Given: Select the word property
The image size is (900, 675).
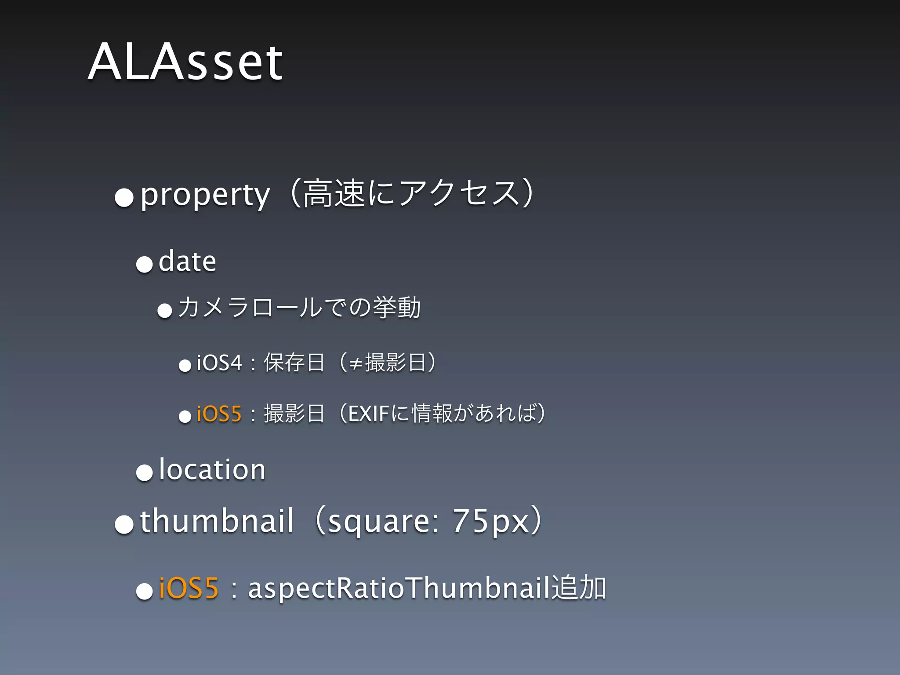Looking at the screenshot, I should click(x=205, y=195).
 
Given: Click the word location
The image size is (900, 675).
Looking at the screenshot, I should click(x=212, y=469).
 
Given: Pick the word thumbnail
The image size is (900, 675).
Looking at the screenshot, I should click(x=217, y=521).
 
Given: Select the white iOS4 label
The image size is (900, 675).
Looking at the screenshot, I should click(x=219, y=363).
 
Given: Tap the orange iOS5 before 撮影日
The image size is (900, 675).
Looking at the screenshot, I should click(x=219, y=414).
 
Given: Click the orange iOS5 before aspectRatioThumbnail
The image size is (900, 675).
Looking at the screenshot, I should click(x=189, y=588).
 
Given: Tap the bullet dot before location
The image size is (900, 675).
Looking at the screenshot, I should click(x=144, y=472).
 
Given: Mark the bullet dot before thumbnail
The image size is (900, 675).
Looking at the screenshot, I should click(x=124, y=524).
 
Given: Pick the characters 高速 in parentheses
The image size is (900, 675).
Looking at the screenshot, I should click(x=334, y=194).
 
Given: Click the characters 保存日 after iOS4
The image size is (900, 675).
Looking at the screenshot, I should click(x=294, y=363).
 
